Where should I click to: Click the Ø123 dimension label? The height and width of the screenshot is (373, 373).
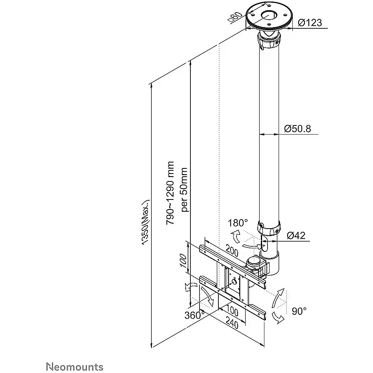click(310, 22)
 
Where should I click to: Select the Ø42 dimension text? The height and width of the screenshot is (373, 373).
click(296, 235)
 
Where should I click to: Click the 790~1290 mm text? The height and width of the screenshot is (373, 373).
click(170, 193)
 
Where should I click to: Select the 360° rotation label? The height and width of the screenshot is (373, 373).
click(193, 315)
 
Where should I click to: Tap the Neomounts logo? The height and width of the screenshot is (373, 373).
click(75, 367)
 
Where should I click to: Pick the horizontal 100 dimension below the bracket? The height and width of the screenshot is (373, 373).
click(232, 311)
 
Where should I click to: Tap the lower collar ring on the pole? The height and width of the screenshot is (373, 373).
click(270, 227)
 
